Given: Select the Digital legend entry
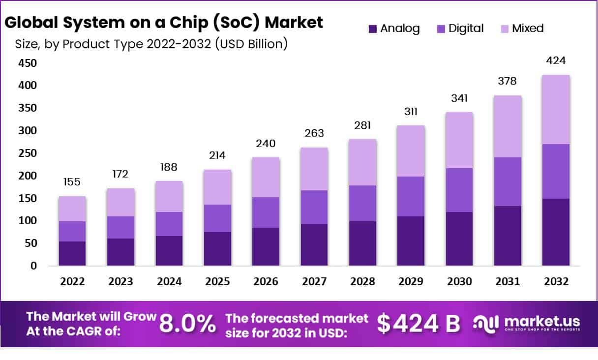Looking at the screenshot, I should pos(466,29).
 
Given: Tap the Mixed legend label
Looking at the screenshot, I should pos(528,29).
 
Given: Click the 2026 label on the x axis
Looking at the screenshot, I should pos(266,282).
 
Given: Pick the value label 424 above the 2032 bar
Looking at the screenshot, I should pos(556,60).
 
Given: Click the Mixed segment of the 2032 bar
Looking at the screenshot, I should pos(556,109).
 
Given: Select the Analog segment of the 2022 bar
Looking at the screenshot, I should pos(72,253).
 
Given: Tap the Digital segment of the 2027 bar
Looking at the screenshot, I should pos(314,207).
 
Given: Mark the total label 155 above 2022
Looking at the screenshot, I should pos(72,182).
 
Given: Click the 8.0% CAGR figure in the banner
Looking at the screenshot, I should pos(187,324).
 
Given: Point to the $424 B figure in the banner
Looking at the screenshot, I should pos(419,324).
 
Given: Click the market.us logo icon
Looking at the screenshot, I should pos(486,323).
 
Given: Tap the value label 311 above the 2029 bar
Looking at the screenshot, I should pos(411,112).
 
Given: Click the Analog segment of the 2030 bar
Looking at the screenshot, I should pos(459,239).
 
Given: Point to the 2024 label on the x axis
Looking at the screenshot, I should pos(169,282).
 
